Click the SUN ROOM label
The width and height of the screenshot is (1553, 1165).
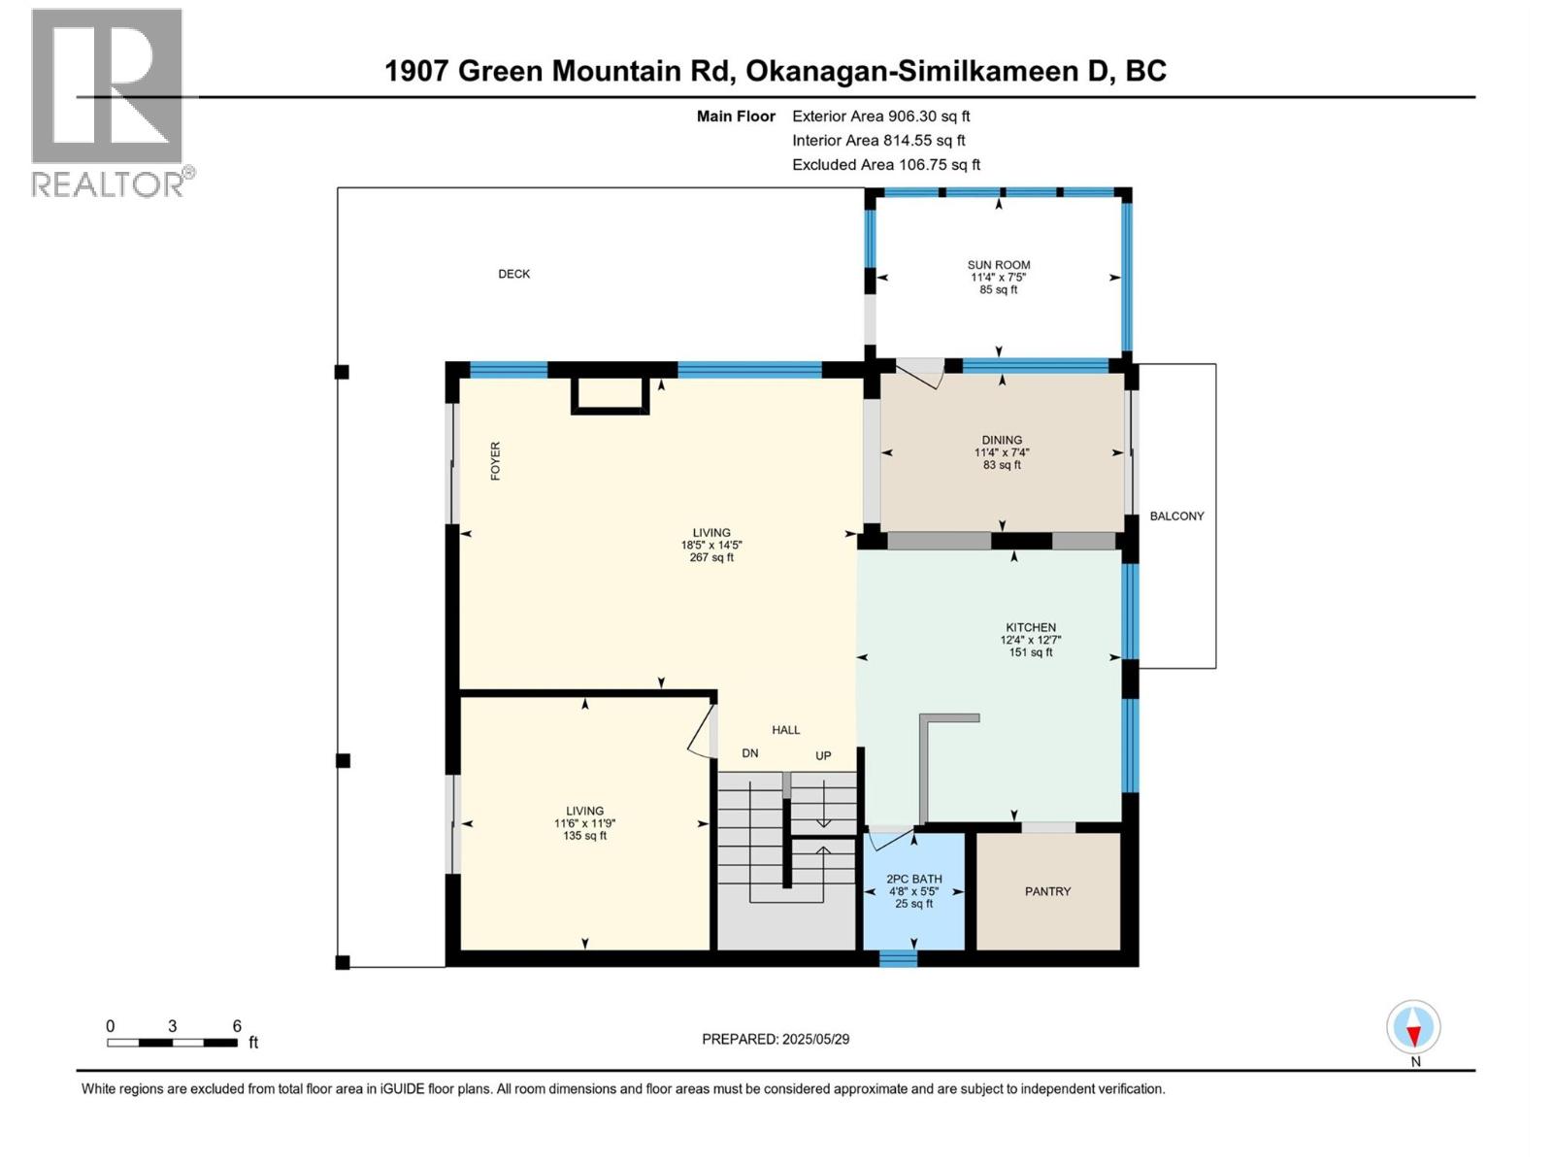pyautogui.click(x=998, y=265)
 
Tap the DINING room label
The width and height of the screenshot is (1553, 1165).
pyautogui.click(x=1001, y=440)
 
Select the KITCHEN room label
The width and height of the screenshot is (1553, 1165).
pyautogui.click(x=1030, y=628)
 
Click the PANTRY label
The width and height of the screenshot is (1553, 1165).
pyautogui.click(x=1047, y=891)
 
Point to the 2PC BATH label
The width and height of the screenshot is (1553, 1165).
pyautogui.click(x=913, y=879)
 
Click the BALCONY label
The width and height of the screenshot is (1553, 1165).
pyautogui.click(x=1176, y=516)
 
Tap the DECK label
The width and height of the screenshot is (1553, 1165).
pyautogui.click(x=513, y=274)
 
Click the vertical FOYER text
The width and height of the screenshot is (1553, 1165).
pyautogui.click(x=495, y=461)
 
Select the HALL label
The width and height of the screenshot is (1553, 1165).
pyautogui.click(x=785, y=730)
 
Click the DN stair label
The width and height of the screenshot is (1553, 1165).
pyautogui.click(x=749, y=753)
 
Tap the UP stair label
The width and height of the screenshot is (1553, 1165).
pyautogui.click(x=823, y=755)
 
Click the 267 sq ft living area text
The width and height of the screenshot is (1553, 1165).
pyautogui.click(x=710, y=558)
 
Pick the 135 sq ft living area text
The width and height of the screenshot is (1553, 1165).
pyautogui.click(x=584, y=836)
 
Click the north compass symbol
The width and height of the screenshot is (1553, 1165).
pyautogui.click(x=1413, y=1028)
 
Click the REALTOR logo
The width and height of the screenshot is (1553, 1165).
pyautogui.click(x=109, y=102)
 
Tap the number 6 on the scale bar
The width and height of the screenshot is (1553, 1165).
pyautogui.click(x=236, y=1026)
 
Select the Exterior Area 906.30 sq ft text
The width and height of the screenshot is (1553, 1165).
pyautogui.click(x=880, y=116)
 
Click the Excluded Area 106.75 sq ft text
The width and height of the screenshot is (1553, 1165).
pyautogui.click(x=885, y=165)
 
